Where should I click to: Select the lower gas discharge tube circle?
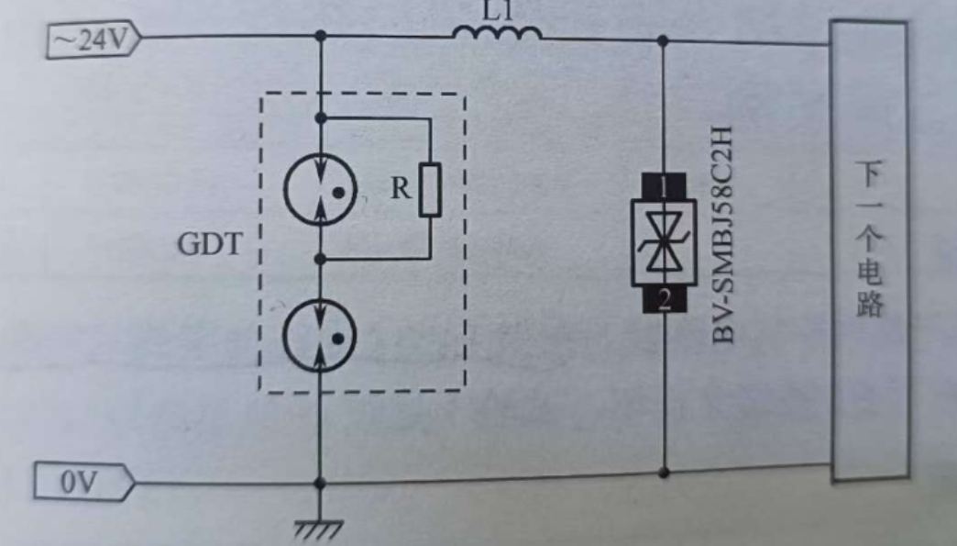319,336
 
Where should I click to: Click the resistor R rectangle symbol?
430,190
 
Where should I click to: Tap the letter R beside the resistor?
401,189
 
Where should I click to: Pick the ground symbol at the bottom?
319,527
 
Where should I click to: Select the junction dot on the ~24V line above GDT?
319,37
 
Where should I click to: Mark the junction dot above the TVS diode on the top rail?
664,40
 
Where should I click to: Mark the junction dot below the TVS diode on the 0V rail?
664,472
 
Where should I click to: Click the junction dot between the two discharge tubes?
319,260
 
